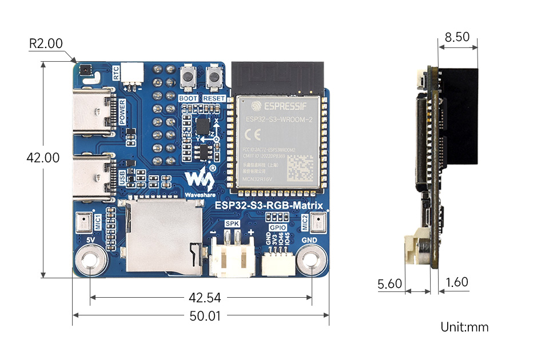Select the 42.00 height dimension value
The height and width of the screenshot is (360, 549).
(43, 158)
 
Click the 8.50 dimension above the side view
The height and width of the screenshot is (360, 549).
(456, 38)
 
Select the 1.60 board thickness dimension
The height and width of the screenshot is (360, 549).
(456, 282)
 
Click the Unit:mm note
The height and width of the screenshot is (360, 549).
(464, 327)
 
